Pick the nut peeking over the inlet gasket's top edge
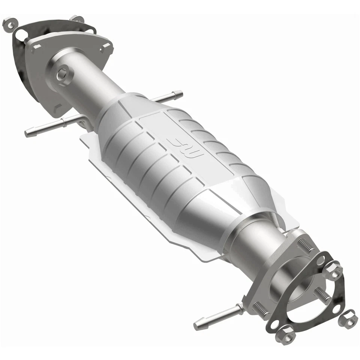point(77,19)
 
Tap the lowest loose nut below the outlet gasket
point(286,334)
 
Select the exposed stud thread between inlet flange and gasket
point(28,39)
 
